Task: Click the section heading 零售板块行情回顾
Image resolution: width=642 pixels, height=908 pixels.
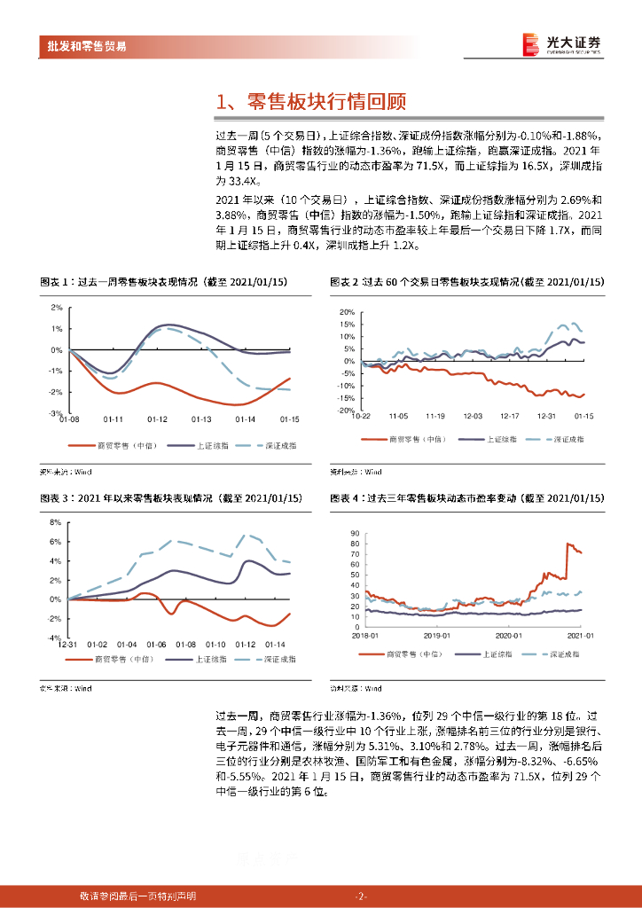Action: point(311,101)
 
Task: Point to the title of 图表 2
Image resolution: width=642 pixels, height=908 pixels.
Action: point(466,282)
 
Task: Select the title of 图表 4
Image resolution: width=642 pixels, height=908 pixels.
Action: point(466,500)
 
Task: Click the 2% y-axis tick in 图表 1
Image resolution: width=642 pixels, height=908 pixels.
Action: point(56,308)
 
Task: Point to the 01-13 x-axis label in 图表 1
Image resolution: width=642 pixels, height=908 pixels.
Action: point(201,419)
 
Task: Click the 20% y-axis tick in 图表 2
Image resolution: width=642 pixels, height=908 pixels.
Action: point(347,312)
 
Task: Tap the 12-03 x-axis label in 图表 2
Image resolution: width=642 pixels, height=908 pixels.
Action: point(473,417)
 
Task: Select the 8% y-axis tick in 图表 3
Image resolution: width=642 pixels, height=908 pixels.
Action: point(54,522)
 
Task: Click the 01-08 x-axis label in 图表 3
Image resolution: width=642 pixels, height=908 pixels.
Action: point(184,645)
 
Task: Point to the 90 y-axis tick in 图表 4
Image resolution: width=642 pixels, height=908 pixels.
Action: point(354,532)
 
